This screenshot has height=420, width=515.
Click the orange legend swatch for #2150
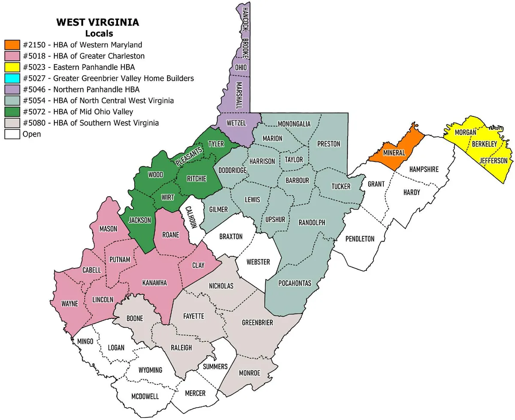(12, 45)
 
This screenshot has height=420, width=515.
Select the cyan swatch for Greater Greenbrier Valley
(12, 78)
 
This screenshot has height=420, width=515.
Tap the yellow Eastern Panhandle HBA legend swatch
(12, 67)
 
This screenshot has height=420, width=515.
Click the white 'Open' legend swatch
(12, 134)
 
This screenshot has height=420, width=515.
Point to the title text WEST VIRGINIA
(97, 23)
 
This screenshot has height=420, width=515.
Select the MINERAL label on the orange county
(394, 153)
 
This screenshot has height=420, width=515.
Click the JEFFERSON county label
(493, 161)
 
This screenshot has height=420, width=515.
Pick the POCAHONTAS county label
(294, 283)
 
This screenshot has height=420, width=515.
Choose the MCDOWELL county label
(145, 396)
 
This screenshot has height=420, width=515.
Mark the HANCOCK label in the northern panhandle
(245, 20)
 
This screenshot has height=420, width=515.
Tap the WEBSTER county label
(258, 262)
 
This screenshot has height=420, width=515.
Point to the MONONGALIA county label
(294, 124)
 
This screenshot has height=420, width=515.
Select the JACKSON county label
(140, 220)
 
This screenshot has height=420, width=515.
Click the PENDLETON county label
(360, 239)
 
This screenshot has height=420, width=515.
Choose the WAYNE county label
(70, 304)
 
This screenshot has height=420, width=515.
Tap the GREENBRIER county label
(257, 323)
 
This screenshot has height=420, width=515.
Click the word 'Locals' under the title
(99, 33)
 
